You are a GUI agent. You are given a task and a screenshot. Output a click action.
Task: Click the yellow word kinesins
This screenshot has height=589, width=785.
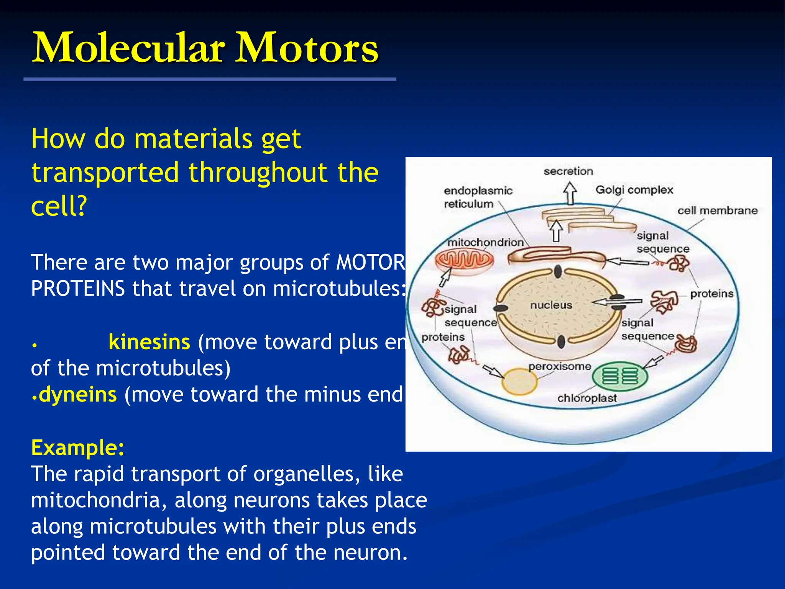pos(149,342)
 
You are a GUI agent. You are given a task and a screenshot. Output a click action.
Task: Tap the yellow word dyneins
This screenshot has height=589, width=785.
pos(78,395)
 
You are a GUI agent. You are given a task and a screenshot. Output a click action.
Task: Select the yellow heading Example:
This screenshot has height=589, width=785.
pos(78,448)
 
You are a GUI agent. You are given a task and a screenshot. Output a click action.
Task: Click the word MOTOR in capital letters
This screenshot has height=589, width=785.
pos(370,263)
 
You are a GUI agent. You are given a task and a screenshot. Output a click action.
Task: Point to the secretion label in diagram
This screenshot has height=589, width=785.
pos(568,171)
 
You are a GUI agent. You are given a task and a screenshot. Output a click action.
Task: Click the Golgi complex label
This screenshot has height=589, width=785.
pos(634,190)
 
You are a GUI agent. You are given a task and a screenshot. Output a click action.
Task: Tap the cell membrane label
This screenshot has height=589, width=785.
pos(717,211)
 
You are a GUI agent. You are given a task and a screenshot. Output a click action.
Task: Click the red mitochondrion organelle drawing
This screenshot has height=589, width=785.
pos(464,260)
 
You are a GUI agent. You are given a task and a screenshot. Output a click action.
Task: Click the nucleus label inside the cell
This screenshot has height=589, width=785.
pos(551,305)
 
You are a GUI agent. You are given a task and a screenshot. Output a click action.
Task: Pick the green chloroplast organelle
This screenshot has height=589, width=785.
pos(620,375)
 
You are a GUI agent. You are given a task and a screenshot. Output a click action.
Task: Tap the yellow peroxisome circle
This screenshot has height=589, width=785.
pos(519,381)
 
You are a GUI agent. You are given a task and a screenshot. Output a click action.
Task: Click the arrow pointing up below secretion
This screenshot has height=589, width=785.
pos(570,193)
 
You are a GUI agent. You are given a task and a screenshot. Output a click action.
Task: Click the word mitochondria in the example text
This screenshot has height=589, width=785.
pos(95,500)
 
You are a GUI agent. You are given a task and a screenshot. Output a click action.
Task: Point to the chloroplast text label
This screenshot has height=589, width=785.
pos(587,398)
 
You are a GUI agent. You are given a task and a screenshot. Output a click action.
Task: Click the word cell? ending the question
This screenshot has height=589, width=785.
pos(59,206)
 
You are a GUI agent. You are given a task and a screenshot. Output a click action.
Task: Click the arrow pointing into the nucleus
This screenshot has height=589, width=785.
pos(617,302)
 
